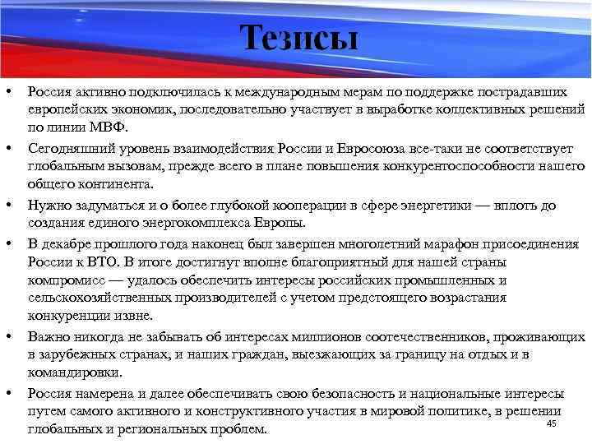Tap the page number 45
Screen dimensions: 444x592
point(552,423)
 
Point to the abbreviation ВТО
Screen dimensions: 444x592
point(105,262)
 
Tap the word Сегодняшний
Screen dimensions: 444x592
point(69,149)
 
